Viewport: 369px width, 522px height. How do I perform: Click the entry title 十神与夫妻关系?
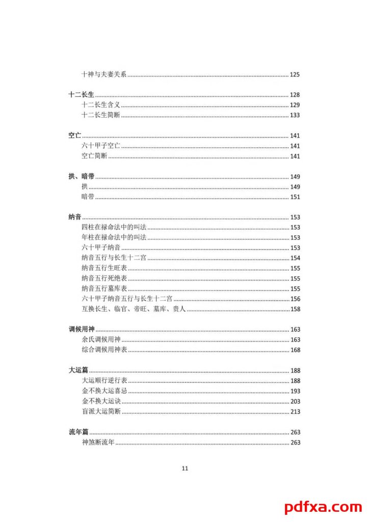(104, 74)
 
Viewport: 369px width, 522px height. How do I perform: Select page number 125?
(295, 74)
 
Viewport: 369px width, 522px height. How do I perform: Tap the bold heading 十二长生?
(81, 95)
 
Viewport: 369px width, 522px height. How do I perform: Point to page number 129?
(295, 105)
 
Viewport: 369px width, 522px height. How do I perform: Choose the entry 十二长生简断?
(100, 115)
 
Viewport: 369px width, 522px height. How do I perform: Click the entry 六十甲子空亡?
(100, 146)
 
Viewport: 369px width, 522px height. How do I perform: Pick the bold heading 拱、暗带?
(81, 176)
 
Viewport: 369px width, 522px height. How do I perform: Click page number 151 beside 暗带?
(295, 197)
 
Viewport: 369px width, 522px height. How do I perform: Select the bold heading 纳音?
(75, 217)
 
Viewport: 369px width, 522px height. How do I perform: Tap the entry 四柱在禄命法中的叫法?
(114, 227)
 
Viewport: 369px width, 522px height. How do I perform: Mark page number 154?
(295, 258)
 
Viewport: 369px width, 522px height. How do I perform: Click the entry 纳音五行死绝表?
(104, 278)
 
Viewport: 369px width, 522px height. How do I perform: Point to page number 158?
(295, 309)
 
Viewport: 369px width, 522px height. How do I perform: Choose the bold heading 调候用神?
(81, 329)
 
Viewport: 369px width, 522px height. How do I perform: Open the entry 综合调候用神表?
(104, 350)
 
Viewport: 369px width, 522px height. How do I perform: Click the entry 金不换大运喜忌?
(104, 390)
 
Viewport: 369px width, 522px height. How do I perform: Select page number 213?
(295, 411)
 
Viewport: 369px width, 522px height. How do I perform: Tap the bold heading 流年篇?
(78, 432)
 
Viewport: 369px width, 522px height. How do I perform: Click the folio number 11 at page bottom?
(184, 468)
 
